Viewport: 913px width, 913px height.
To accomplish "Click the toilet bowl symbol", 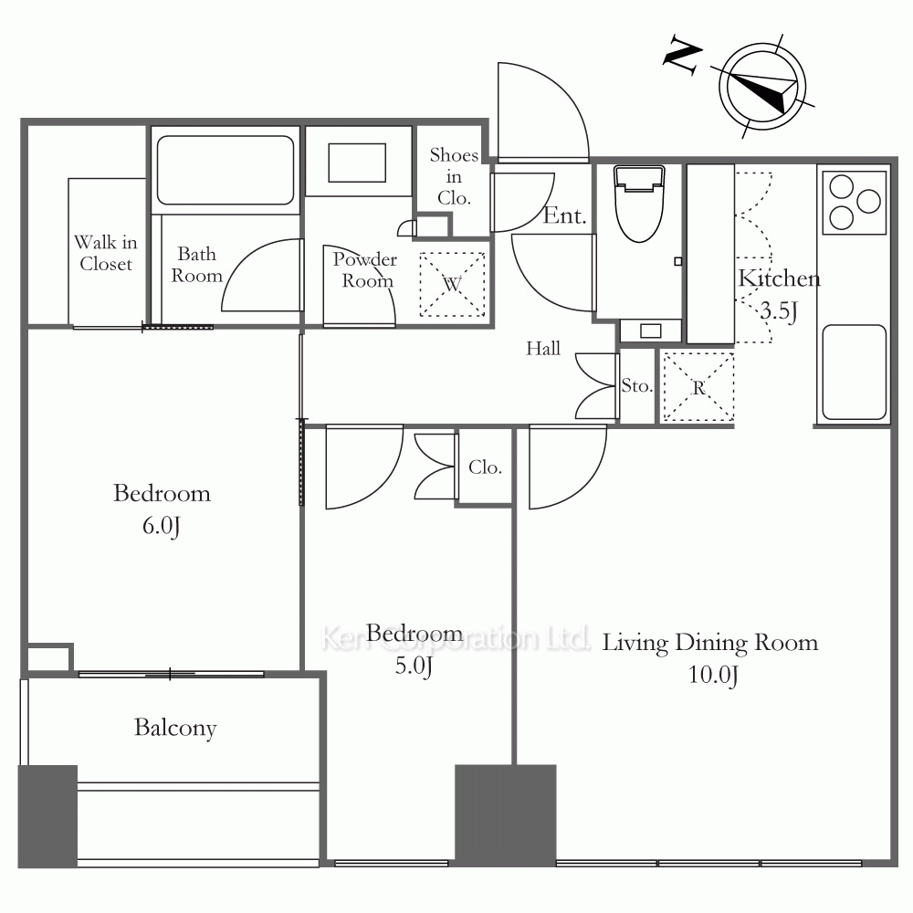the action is [x=639, y=204].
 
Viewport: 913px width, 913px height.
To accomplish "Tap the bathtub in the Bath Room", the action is [x=226, y=170].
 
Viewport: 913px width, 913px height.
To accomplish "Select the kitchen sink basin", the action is [x=854, y=372].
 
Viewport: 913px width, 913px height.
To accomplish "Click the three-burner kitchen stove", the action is [x=855, y=202].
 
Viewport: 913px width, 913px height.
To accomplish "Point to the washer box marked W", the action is [x=453, y=284].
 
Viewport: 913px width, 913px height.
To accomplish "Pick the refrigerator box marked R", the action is [x=698, y=386].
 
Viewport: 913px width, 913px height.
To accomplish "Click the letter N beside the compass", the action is [x=683, y=55].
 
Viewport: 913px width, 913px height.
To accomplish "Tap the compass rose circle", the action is [x=762, y=86].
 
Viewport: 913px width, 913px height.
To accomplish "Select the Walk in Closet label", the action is [x=106, y=253].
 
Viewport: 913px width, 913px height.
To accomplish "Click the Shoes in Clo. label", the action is [x=454, y=176].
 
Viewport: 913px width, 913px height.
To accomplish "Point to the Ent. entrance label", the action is [x=564, y=215].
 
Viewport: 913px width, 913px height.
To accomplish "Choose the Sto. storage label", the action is [x=636, y=385].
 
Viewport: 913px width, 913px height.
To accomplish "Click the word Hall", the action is [x=543, y=348].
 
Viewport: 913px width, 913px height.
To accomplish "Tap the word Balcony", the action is [x=175, y=728].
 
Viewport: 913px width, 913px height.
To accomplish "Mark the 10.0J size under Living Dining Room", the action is [x=713, y=676].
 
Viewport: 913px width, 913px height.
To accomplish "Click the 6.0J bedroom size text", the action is [x=162, y=527].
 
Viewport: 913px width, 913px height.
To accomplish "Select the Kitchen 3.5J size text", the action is [x=779, y=311].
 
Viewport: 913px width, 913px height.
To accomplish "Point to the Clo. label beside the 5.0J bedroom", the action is [x=485, y=467].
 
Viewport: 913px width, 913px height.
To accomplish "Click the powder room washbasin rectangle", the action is [x=357, y=163].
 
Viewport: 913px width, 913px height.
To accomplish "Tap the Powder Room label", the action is [x=365, y=270].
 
